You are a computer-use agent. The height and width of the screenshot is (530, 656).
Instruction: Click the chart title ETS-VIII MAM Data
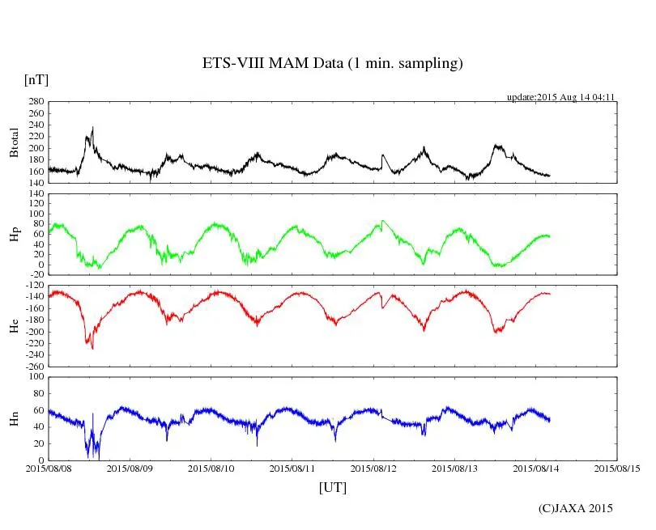click(x=332, y=64)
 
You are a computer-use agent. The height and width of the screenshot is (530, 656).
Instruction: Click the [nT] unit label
click(x=36, y=79)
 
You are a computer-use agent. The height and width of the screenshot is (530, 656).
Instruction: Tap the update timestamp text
click(x=561, y=97)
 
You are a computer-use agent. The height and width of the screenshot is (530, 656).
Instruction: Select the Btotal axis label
click(x=15, y=142)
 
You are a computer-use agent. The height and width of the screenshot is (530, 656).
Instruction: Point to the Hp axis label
click(x=15, y=234)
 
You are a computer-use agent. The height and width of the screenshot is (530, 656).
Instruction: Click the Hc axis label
click(x=15, y=325)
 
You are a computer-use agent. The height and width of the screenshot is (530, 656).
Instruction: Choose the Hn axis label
click(x=15, y=418)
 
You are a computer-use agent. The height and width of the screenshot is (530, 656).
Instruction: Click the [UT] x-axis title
click(x=333, y=487)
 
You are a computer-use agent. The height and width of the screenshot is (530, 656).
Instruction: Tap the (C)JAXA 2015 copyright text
click(x=575, y=508)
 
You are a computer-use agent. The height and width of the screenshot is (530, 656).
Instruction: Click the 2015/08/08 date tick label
click(x=49, y=468)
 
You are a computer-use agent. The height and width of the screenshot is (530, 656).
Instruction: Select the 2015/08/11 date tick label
click(x=292, y=468)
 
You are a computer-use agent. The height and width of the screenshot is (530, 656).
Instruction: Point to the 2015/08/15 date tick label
click(x=617, y=468)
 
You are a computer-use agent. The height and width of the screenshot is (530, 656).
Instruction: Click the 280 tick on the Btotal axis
click(x=36, y=102)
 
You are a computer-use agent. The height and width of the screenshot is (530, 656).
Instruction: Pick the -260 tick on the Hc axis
click(x=33, y=366)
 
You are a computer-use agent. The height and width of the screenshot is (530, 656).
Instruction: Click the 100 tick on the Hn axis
click(x=36, y=376)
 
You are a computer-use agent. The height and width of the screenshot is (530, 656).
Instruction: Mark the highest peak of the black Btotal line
click(x=93, y=127)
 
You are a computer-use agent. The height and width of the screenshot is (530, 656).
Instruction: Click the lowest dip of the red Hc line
click(x=92, y=349)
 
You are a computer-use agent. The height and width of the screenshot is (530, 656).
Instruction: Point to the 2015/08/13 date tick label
click(x=455, y=468)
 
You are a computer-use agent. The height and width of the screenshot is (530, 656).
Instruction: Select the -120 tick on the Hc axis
click(x=33, y=286)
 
